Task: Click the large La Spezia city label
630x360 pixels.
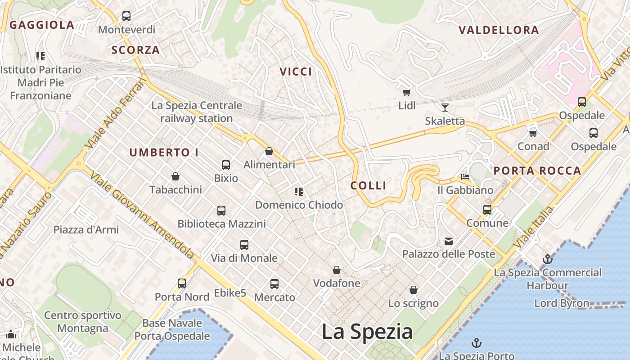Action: point(367,332)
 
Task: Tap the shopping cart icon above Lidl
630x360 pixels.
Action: point(407,93)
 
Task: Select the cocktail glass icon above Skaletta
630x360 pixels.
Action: point(445,107)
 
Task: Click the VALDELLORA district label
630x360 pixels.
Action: point(499,30)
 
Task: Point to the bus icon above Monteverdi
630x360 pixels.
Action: point(126,16)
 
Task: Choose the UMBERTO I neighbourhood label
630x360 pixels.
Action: point(164,153)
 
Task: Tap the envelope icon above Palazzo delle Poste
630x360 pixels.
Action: point(449,241)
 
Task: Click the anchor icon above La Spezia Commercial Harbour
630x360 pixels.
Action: point(548,259)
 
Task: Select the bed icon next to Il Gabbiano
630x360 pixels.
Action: point(465,177)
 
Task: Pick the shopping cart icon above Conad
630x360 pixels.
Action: point(533,133)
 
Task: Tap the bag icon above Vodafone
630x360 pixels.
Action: point(337,270)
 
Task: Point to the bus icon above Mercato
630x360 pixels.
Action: point(274,284)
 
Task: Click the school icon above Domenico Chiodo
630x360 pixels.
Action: point(298,192)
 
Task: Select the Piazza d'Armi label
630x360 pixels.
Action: point(86,229)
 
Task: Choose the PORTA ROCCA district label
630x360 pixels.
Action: point(537,171)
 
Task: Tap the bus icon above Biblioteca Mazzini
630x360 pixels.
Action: point(221,210)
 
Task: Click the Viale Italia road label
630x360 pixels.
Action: point(534,228)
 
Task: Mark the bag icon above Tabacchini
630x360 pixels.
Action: point(175,176)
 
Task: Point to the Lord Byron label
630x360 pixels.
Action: point(562,303)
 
